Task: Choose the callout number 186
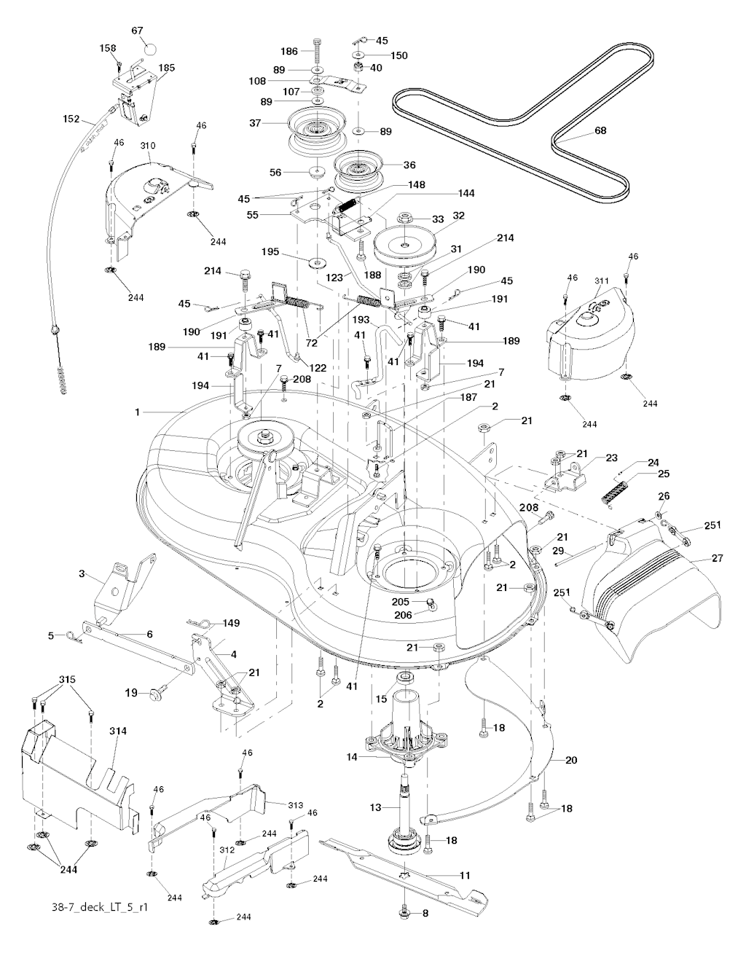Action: [290, 51]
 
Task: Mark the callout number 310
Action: [148, 146]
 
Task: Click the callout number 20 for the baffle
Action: [571, 759]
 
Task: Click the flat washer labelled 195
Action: [318, 260]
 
